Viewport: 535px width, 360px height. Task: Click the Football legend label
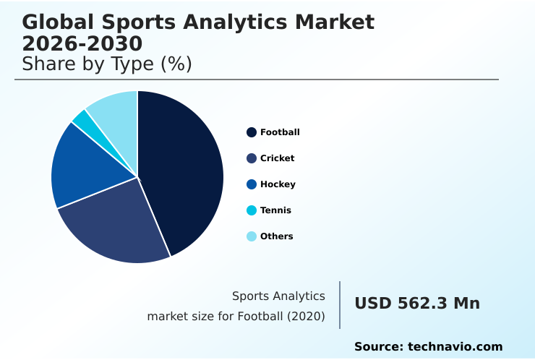click(x=280, y=132)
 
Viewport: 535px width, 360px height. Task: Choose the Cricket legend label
click(x=278, y=158)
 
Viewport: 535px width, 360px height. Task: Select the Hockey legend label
click(x=278, y=184)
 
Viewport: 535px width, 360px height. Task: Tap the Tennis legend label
click(x=275, y=210)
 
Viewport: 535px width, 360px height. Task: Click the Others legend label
click(x=276, y=236)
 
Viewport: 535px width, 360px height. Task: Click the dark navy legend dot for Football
click(x=252, y=132)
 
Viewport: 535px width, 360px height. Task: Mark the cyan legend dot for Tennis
click(x=252, y=210)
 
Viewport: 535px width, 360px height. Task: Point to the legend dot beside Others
click(x=252, y=236)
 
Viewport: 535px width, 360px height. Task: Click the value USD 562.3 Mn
click(x=417, y=304)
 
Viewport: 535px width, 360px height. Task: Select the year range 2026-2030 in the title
click(x=82, y=43)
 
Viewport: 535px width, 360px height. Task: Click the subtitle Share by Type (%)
click(x=107, y=64)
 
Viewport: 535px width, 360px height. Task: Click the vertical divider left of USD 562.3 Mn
click(x=340, y=305)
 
